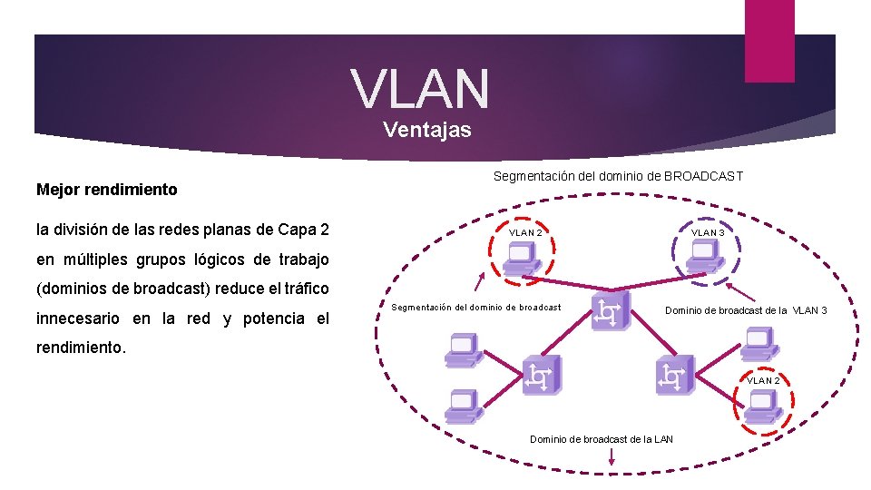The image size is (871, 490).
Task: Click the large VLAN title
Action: tap(420, 88)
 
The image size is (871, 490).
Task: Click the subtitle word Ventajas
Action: tap(427, 130)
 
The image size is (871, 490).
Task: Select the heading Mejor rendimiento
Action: tap(107, 190)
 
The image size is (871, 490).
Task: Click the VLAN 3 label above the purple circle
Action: tap(708, 233)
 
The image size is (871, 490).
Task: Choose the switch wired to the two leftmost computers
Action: tap(542, 374)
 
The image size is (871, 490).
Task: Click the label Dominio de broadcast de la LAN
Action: tap(602, 440)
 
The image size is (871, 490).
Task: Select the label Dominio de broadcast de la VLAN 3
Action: tap(746, 311)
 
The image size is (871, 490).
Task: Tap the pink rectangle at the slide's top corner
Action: tap(768, 40)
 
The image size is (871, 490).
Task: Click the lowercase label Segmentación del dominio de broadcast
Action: tap(476, 308)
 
